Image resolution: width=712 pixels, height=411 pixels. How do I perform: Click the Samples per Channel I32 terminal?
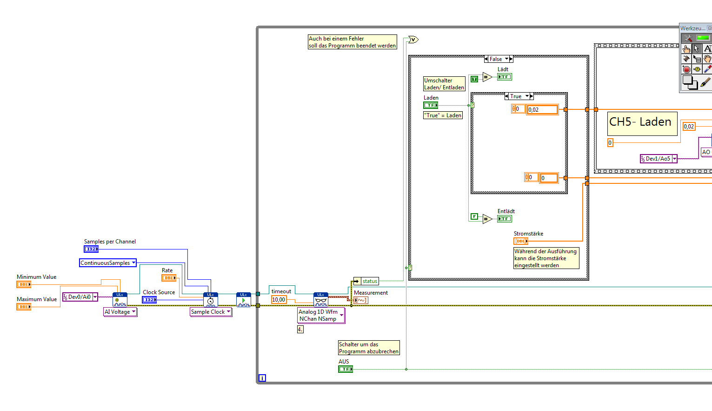[x=91, y=249]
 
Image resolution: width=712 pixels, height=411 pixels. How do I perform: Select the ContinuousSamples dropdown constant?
[x=107, y=263]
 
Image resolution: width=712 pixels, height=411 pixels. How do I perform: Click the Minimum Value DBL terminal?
[x=24, y=284]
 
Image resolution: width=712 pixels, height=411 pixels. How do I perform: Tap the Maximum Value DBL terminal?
[x=24, y=307]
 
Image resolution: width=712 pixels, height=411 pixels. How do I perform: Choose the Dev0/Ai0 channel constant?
[x=80, y=297]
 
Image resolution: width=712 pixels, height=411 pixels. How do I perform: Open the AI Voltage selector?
[x=120, y=312]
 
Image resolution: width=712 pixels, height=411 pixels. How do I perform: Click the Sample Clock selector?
[x=211, y=312]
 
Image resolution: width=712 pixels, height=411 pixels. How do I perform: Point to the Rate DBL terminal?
[x=169, y=278]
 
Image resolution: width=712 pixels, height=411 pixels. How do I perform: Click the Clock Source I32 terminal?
[x=149, y=300]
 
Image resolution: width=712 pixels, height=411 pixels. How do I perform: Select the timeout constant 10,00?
[x=279, y=300]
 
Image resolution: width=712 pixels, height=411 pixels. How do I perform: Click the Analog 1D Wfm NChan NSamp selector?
[x=321, y=315]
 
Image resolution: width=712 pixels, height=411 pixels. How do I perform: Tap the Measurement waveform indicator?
[x=361, y=300]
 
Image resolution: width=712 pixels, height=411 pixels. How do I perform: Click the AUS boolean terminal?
[x=345, y=369]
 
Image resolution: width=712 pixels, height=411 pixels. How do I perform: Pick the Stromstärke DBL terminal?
[x=520, y=241]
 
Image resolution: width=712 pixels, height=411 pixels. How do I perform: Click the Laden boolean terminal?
[x=431, y=105]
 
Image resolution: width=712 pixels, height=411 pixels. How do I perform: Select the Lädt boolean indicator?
[x=504, y=77]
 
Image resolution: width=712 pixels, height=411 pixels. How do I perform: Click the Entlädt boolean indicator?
[x=504, y=219]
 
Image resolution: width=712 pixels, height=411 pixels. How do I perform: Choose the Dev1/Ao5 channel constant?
[x=658, y=159]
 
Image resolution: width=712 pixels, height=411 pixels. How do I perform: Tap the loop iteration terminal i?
[x=262, y=378]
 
